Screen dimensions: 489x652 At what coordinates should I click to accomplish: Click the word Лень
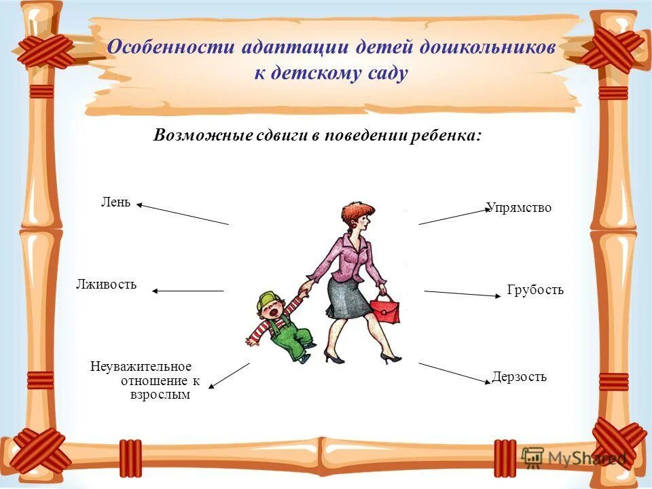click(x=116, y=202)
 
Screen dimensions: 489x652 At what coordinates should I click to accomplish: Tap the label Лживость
click(x=106, y=285)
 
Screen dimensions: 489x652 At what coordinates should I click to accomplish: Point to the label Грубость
click(x=535, y=291)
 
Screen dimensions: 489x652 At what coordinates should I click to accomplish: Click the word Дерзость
click(x=519, y=377)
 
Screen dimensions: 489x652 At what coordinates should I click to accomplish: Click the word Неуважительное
click(x=141, y=367)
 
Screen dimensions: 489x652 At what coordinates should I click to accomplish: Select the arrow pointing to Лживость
click(x=187, y=291)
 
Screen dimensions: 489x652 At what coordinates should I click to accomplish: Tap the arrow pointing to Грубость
click(x=462, y=293)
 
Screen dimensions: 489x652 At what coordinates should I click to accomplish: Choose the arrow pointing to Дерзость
click(x=454, y=373)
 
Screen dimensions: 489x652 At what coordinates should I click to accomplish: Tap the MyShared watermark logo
click(x=574, y=458)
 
